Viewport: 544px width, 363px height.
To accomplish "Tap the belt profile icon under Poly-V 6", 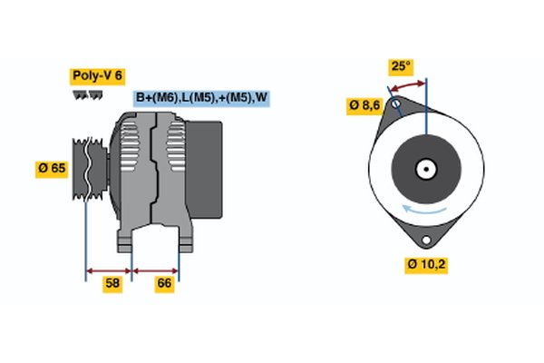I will tap(86, 94).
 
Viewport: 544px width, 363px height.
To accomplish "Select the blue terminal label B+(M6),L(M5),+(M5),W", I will tap(201, 98).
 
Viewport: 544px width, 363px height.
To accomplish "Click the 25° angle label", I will tap(401, 66).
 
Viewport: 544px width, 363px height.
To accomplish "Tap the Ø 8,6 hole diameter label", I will tap(364, 105).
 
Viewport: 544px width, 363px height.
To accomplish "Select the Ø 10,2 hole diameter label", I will tap(426, 265).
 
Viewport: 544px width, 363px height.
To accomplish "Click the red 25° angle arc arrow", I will tap(408, 84).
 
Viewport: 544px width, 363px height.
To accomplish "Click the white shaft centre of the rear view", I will tap(425, 168).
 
